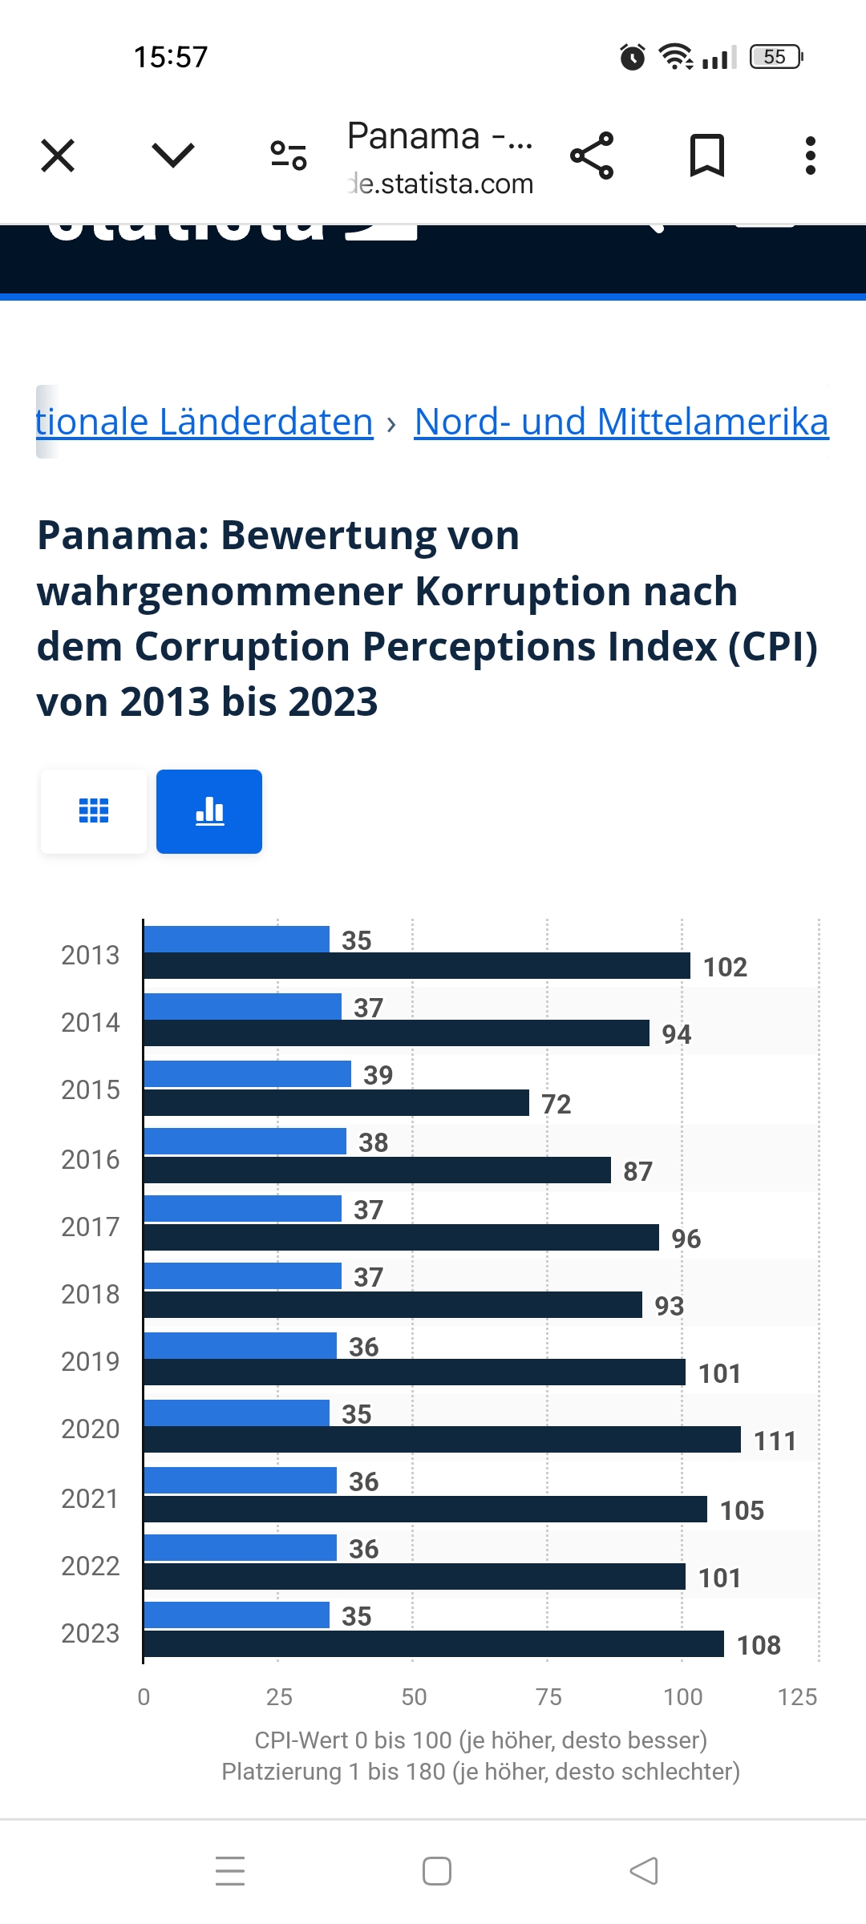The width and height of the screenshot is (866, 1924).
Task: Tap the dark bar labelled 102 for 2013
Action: click(x=417, y=966)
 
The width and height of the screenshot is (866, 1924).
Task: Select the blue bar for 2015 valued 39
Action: click(x=248, y=1074)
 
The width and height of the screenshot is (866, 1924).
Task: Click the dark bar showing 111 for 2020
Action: click(x=442, y=1440)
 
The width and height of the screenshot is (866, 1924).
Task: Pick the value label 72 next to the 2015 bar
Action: click(x=556, y=1104)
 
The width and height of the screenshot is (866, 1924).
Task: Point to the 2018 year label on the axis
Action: click(x=90, y=1294)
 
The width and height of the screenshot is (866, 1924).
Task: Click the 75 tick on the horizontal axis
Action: click(x=548, y=1697)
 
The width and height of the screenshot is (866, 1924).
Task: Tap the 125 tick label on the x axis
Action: click(x=797, y=1697)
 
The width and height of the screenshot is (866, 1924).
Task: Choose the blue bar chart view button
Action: click(x=209, y=811)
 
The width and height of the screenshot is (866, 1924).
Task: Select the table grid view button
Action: click(x=94, y=811)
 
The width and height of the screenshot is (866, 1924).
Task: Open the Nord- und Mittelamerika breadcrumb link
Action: click(x=621, y=422)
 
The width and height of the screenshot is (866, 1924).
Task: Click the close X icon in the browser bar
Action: click(x=58, y=156)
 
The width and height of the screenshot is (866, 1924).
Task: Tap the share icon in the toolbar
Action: click(x=592, y=156)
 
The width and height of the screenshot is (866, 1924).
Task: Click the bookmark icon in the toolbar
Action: click(x=707, y=156)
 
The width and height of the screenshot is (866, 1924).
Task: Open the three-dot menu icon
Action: click(x=811, y=156)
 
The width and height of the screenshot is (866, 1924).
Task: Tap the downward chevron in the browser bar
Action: click(x=173, y=156)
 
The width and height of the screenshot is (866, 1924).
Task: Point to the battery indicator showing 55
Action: click(x=775, y=57)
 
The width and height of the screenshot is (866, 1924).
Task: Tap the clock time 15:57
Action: click(x=171, y=57)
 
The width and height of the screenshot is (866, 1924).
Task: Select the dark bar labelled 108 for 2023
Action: click(x=434, y=1644)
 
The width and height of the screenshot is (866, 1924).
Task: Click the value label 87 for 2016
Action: click(x=638, y=1171)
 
